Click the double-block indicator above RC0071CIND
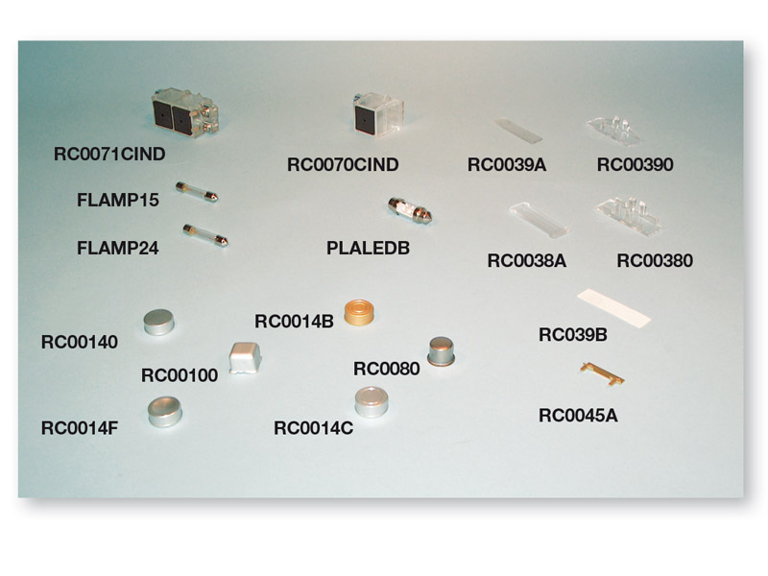184,112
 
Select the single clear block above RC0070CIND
378,113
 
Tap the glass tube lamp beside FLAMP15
197,192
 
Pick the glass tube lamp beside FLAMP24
205,235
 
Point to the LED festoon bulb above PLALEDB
410,210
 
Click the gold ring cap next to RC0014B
359,313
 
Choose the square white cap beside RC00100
245,358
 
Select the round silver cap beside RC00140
158,322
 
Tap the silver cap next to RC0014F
164,412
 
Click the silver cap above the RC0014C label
372,402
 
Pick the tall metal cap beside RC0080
442,351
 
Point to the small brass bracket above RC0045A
602,373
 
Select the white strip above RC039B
613,308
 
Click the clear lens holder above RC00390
614,131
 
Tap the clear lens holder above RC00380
630,216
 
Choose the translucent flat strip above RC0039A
517,131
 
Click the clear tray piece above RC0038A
539,220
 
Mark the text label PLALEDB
368,248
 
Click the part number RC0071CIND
109,154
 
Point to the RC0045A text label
578,416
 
